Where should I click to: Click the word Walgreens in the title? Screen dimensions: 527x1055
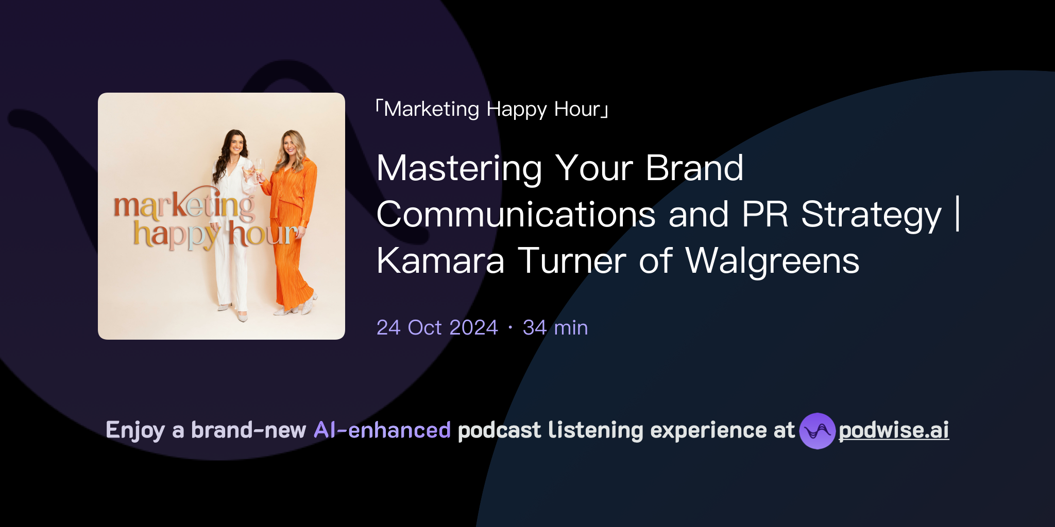pos(772,261)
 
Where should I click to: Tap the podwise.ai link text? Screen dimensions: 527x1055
pos(893,430)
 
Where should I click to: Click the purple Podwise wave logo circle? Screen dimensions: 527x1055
pos(817,431)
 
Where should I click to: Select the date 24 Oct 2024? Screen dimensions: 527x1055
pos(437,327)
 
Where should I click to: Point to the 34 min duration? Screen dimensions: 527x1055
pos(555,327)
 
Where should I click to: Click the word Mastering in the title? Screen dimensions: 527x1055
pos(459,169)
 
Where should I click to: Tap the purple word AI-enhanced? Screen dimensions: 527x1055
pos(382,430)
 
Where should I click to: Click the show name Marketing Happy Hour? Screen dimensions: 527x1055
pos(492,109)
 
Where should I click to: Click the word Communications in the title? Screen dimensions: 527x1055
pos(516,215)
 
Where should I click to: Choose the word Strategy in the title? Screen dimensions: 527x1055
pos(871,215)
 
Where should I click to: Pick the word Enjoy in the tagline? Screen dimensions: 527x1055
pos(135,430)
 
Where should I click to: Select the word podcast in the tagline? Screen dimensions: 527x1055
pos(499,430)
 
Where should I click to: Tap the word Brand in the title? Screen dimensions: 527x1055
pos(694,169)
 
